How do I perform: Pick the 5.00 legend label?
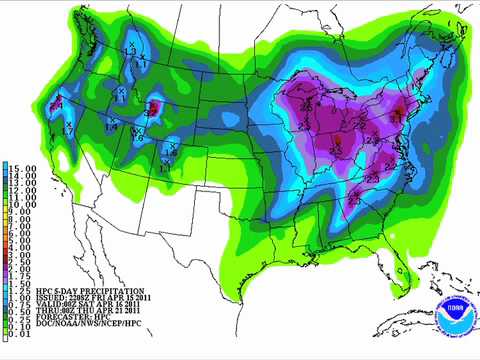20,241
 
